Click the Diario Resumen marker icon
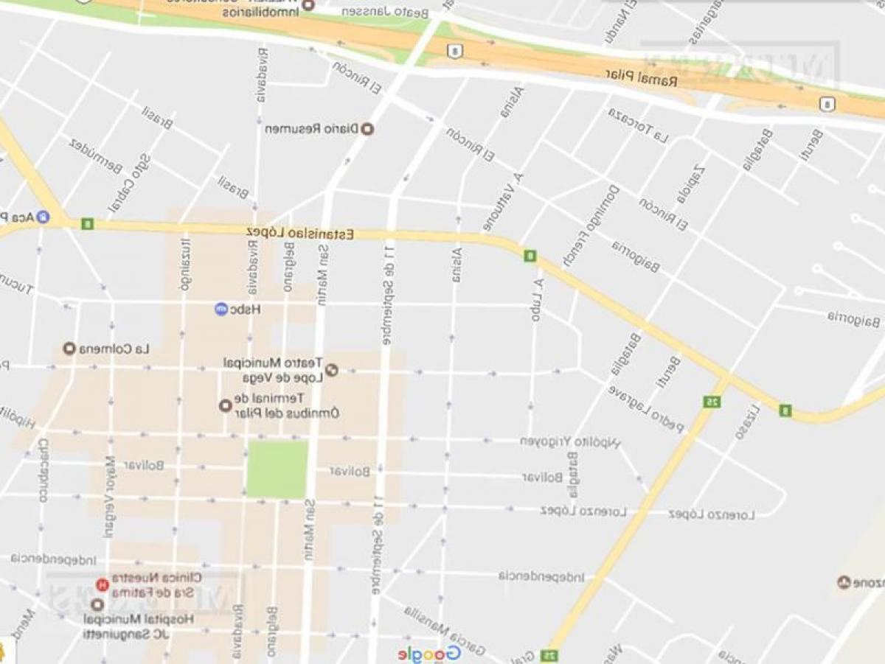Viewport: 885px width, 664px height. point(368,129)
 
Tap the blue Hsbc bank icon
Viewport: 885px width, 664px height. point(221,310)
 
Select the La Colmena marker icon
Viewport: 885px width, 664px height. point(69,349)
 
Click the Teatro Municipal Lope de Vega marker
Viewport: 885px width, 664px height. point(332,370)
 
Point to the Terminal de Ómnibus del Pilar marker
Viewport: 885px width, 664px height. point(226,405)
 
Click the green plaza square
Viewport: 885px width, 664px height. point(277,469)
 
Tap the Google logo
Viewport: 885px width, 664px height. point(429,654)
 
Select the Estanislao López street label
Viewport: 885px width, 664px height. point(300,233)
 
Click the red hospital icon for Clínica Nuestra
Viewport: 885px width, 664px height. point(103,586)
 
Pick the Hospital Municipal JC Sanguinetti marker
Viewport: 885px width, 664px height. point(96,604)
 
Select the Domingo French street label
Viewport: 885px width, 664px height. point(591,225)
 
